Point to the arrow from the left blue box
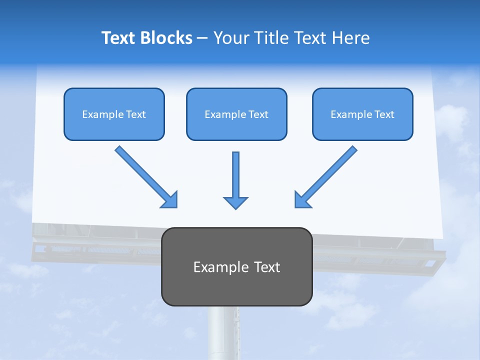[142, 173]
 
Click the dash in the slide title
[202, 38]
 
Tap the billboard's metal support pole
[223, 332]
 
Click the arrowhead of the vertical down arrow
[235, 202]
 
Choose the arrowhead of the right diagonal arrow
[302, 199]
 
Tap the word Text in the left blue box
[136, 114]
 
